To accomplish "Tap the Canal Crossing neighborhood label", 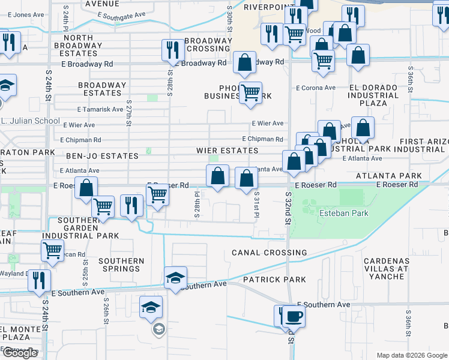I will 269,253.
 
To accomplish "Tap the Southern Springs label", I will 121,265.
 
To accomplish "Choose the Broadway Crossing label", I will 208,44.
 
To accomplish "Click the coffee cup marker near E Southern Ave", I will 294,316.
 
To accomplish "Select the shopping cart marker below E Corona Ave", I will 250,93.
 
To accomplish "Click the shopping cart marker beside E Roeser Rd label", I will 157,194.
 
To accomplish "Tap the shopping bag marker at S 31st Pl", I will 246,178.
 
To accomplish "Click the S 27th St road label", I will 129,113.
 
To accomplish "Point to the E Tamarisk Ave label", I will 100,109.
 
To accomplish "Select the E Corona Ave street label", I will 315,88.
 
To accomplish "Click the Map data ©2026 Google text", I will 411,355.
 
